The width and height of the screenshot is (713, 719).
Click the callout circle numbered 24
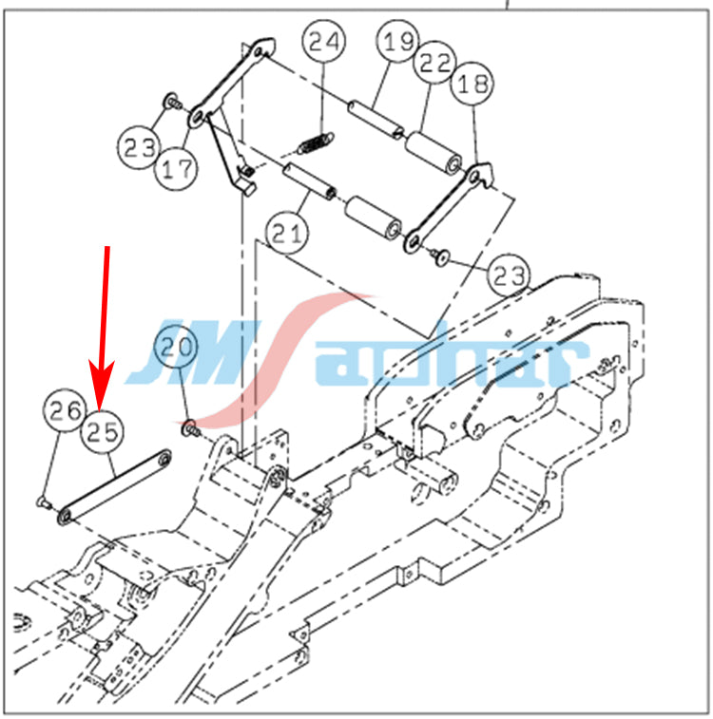click(323, 41)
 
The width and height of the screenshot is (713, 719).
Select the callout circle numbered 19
click(397, 41)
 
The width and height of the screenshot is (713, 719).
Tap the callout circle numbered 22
click(434, 63)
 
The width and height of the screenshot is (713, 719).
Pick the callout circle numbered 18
click(472, 84)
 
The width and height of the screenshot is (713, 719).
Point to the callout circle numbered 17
click(177, 168)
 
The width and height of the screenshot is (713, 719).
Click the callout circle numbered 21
click(287, 233)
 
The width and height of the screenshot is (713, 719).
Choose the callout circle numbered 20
click(176, 346)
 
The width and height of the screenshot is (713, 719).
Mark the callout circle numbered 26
click(66, 410)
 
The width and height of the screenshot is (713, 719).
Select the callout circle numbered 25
click(102, 431)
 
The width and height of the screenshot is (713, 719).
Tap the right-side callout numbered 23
click(509, 275)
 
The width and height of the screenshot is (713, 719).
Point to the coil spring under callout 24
click(316, 143)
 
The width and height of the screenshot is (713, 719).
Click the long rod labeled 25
click(115, 488)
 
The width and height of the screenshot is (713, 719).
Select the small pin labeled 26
click(44, 502)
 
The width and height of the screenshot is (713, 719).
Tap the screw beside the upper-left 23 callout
click(172, 101)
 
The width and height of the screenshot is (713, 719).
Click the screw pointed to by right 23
click(440, 256)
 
